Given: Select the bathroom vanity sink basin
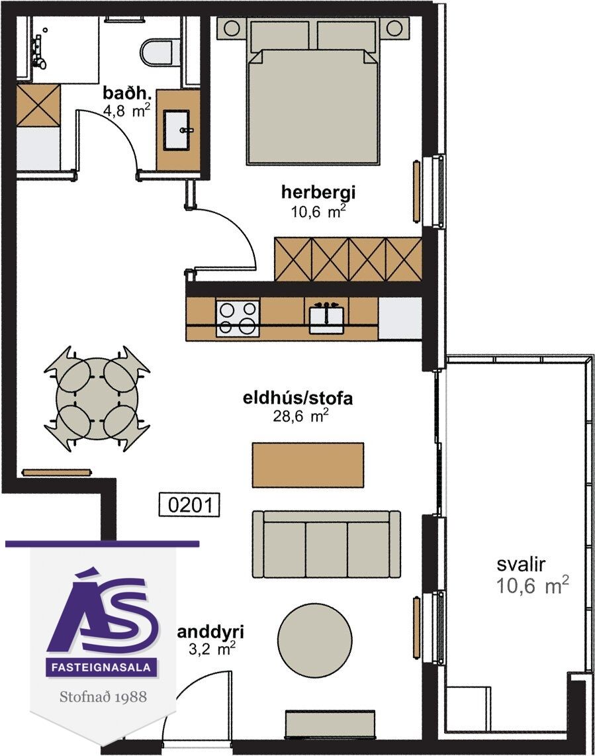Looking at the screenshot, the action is point(179,130).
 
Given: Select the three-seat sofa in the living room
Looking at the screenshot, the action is point(327,544).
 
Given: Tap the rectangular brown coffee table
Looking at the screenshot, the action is point(308,465).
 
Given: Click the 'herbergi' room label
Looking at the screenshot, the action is point(318,193).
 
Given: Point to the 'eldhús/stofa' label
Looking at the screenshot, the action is point(298,399).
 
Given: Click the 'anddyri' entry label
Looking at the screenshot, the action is point(211,632).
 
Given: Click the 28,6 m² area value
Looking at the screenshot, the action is point(301,416).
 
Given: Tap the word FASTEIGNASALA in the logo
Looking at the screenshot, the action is point(101,668).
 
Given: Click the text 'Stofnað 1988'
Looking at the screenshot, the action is point(103,696).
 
